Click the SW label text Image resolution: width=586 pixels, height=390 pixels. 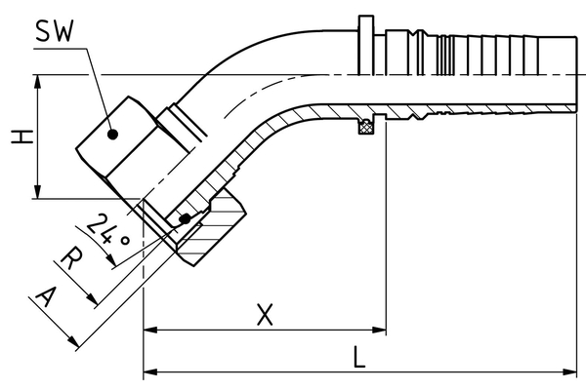tap(55, 31)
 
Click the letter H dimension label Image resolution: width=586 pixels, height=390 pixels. tap(22, 136)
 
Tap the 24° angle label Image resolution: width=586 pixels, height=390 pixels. tap(107, 231)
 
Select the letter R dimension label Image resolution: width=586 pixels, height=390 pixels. tap(72, 258)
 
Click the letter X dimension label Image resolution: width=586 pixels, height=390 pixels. tap(265, 315)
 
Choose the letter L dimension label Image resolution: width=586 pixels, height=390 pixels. tap(359, 357)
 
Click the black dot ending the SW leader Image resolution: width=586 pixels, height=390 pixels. tap(112, 134)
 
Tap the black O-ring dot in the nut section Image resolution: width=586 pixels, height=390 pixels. tap(185, 219)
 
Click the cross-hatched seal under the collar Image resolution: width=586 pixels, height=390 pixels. tap(366, 128)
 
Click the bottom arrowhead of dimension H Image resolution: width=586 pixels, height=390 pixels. tap(37, 191)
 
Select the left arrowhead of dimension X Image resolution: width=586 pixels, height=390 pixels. tap(150, 330)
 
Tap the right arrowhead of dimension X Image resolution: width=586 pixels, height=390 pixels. tap(379, 330)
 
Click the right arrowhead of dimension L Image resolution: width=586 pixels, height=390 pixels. tap(569, 372)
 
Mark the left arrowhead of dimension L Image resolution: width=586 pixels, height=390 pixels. tap(150, 372)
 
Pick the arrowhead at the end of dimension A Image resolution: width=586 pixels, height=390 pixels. tap(73, 340)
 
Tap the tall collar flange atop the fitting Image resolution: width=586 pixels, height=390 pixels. tap(366, 45)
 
